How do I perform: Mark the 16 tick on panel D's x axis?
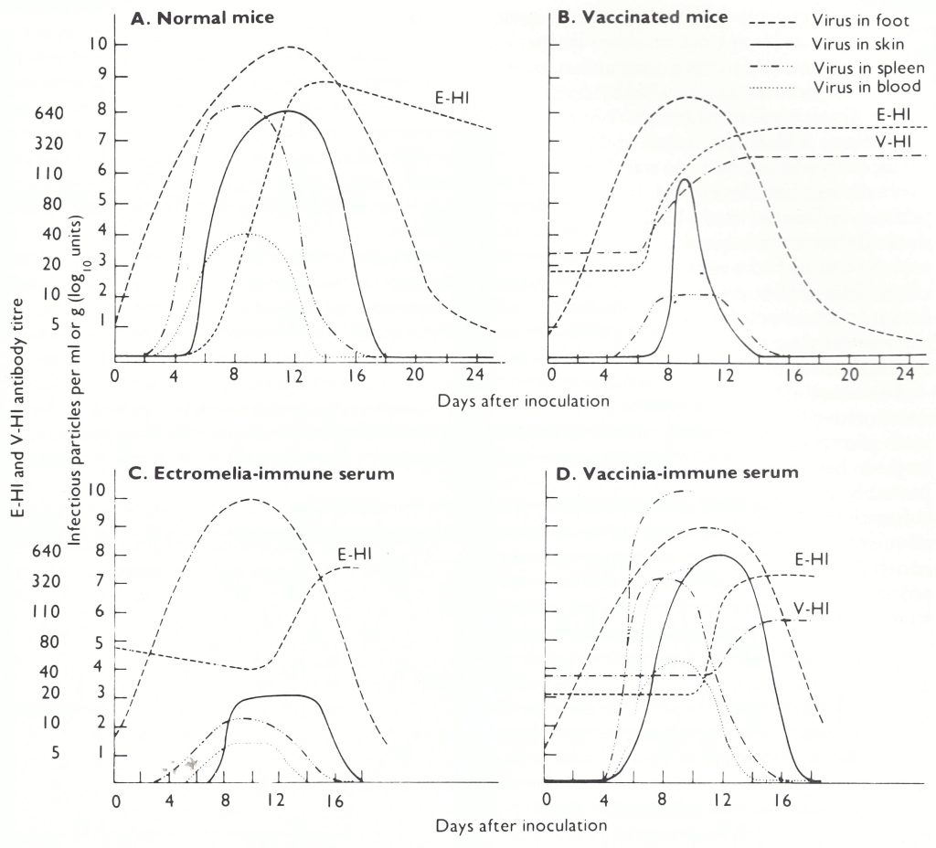click(x=782, y=800)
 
